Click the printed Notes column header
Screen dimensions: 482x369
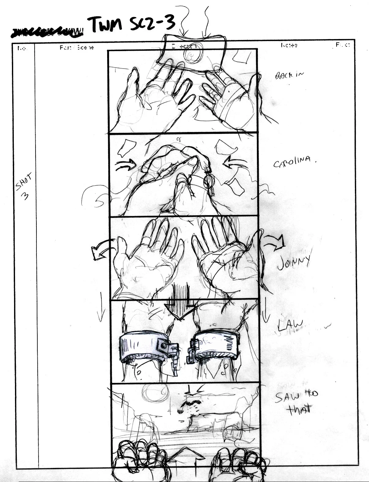289,45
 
